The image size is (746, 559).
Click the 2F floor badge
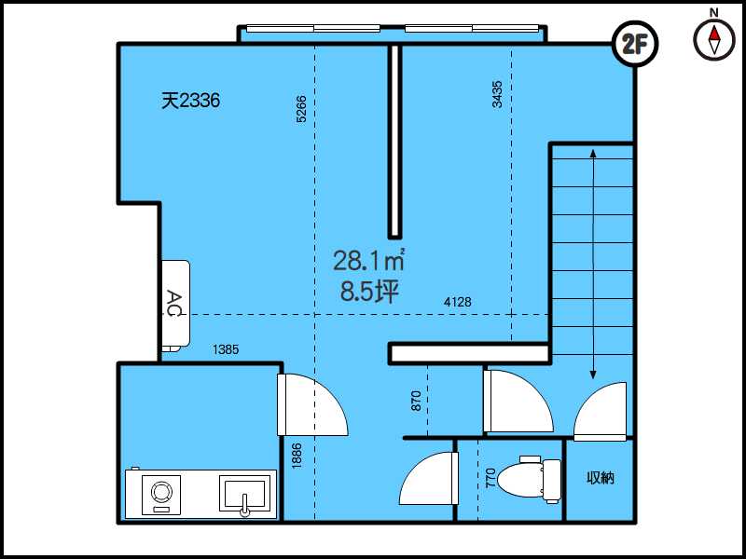[636, 45]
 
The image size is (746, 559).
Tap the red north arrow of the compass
[714, 34]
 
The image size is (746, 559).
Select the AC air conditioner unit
[175, 306]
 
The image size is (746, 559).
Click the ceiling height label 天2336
[191, 101]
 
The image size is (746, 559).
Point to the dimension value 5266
[301, 109]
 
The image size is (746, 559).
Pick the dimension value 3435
[497, 95]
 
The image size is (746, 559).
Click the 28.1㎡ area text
[368, 261]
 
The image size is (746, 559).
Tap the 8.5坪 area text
[369, 292]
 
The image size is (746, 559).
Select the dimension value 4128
[457, 302]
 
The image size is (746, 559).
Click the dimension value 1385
[226, 349]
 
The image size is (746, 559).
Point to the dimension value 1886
[297, 457]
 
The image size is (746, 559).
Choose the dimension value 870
[416, 401]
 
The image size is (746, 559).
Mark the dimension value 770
[490, 478]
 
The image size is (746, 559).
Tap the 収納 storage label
[601, 478]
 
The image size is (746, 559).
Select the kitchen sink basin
[244, 495]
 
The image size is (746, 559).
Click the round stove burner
[161, 491]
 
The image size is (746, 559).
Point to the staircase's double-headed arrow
[593, 264]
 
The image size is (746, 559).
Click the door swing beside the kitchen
[312, 404]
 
